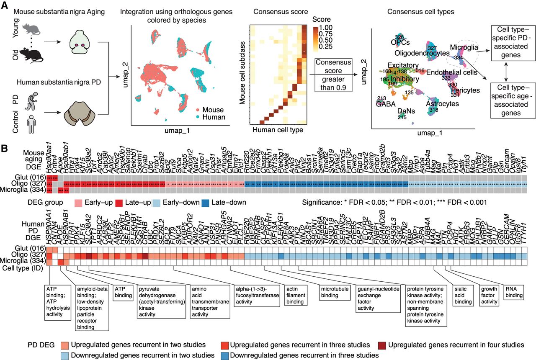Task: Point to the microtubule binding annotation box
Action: (x=334, y=292)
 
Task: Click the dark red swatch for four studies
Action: (x=382, y=345)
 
